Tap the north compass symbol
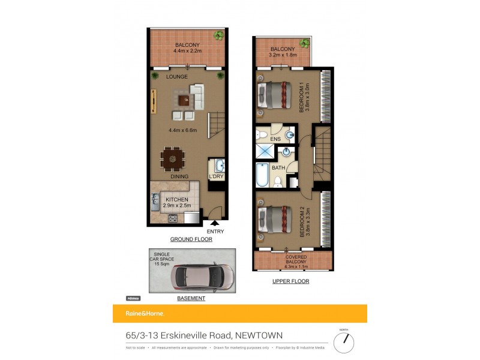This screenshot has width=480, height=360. (x=344, y=342)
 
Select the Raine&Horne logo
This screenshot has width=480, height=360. (x=145, y=314)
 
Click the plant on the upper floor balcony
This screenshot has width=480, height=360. (x=305, y=43)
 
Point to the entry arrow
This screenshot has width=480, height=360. (x=214, y=223)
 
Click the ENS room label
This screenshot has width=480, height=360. (x=275, y=139)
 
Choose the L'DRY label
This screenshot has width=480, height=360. (x=216, y=176)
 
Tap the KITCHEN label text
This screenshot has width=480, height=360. (x=176, y=200)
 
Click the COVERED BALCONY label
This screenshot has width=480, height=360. (x=292, y=259)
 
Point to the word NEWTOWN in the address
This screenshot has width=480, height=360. (x=259, y=335)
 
